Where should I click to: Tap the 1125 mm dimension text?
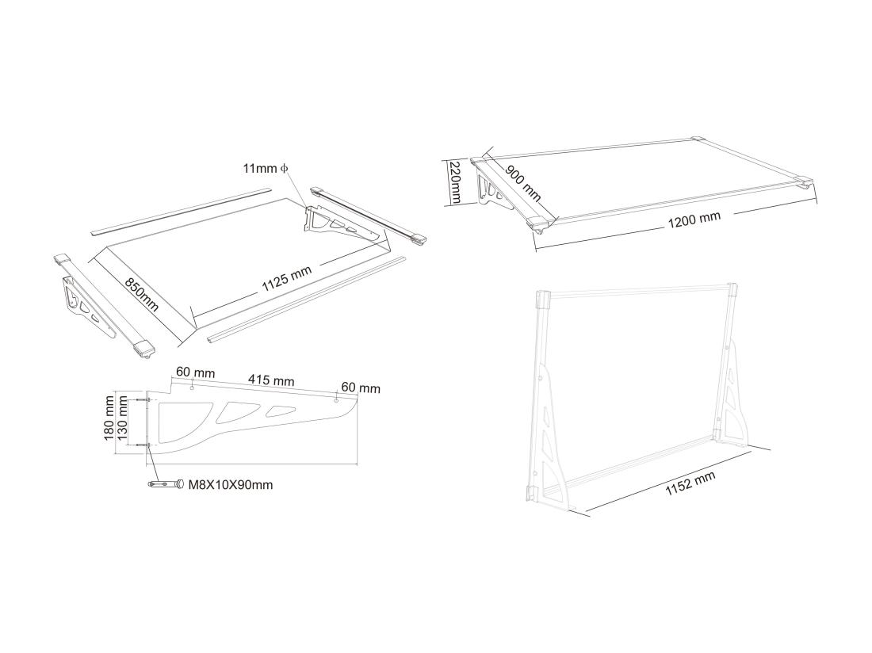[x=286, y=280]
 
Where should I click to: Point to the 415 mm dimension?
[x=272, y=380]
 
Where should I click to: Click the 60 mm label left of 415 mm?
[x=195, y=371]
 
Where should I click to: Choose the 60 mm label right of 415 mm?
[x=360, y=388]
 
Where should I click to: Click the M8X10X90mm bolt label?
[x=230, y=484]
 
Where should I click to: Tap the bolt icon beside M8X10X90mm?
[x=166, y=484]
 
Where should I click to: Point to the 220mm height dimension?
[x=455, y=182]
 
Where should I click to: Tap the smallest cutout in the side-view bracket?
[x=281, y=411]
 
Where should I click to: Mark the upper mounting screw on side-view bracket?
[x=144, y=400]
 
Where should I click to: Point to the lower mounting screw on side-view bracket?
[x=144, y=446]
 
